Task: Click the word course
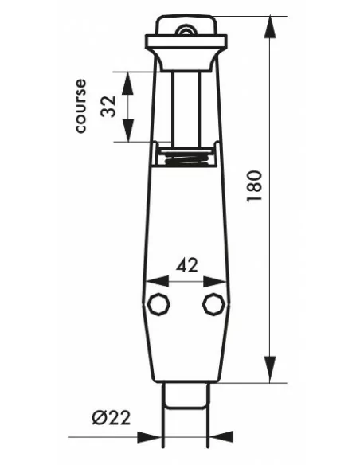(x=81, y=106)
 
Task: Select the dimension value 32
(x=108, y=107)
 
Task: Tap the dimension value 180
(x=254, y=186)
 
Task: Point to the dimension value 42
(x=186, y=265)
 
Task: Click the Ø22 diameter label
(x=112, y=417)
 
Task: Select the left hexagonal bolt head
(x=159, y=304)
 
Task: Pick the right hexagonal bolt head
(x=213, y=304)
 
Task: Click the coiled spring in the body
(x=187, y=158)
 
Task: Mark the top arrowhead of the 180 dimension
(x=270, y=27)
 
